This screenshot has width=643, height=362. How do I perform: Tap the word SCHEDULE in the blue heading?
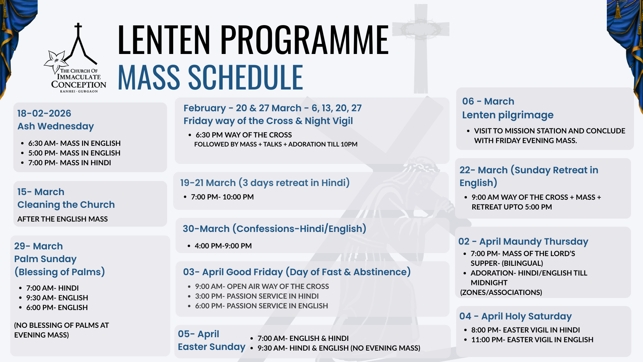245,77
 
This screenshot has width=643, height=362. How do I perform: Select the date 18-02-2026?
44,113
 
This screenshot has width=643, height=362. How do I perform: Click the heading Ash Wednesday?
56,126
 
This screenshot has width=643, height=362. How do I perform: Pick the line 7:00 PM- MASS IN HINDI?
69,163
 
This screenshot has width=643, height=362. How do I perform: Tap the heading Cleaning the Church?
66,204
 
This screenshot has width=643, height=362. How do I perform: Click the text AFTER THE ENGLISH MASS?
63,219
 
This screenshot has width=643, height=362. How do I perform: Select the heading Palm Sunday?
45,259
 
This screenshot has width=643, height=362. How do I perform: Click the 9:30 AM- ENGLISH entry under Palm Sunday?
57,298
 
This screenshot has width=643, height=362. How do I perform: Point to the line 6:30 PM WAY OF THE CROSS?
244,135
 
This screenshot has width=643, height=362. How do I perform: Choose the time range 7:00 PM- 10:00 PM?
222,197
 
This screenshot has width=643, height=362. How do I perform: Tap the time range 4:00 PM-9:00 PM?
223,246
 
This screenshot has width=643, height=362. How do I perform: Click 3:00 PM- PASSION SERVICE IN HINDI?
257,296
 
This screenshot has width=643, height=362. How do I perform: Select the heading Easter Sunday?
212,347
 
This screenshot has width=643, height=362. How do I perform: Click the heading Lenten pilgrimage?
508,115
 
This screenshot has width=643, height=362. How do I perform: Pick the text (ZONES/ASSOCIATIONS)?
501,292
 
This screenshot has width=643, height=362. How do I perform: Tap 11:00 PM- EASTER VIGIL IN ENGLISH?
532,340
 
